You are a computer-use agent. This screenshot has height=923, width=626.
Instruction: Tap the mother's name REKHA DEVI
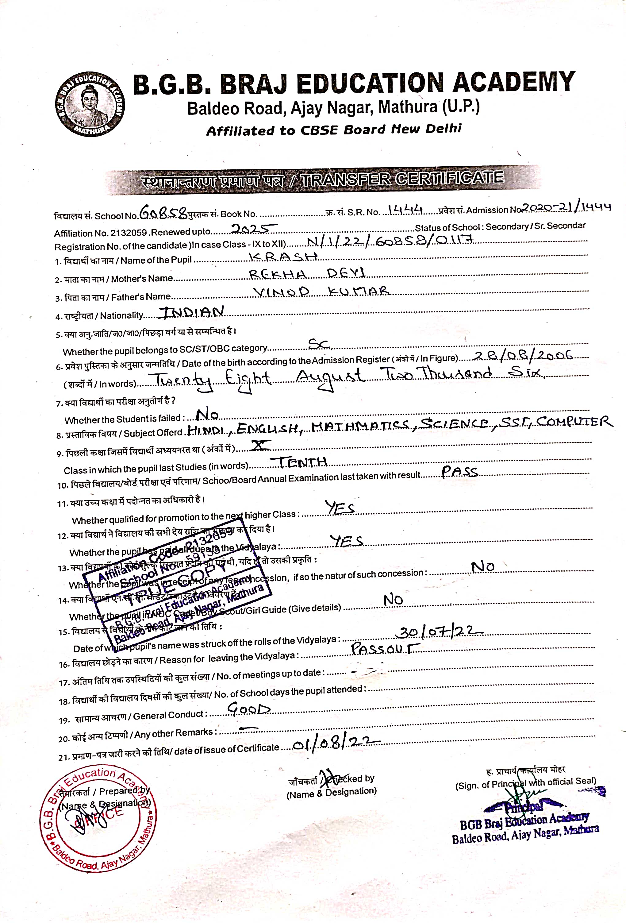pyautogui.click(x=307, y=274)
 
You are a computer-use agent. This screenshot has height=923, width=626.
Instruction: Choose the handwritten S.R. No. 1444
pyautogui.click(x=405, y=209)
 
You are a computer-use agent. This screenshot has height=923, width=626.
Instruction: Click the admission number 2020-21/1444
pyautogui.click(x=566, y=207)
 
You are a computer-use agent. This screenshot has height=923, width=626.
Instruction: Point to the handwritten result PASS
pyautogui.click(x=460, y=471)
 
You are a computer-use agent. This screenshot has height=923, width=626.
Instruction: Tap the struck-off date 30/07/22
pyautogui.click(x=441, y=632)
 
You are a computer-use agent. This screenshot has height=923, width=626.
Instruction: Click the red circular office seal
pyautogui.click(x=98, y=819)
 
